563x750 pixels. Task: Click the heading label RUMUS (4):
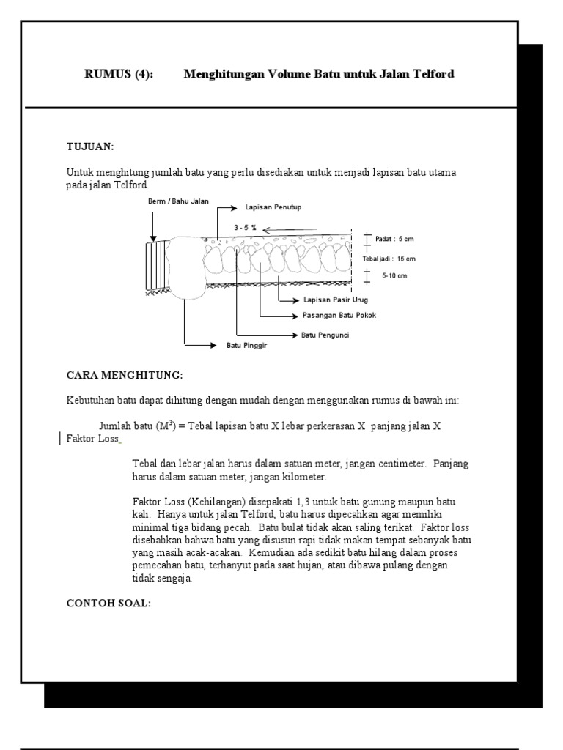(119, 74)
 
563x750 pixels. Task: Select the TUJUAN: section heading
(90, 146)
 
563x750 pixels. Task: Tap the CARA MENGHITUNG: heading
(124, 375)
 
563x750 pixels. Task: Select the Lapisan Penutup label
(278, 207)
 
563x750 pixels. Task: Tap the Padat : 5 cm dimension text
(395, 239)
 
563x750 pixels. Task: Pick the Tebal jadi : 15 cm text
(389, 259)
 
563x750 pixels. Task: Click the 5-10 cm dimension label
(394, 276)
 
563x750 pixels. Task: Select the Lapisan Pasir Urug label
(335, 300)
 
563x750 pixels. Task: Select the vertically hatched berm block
(157, 267)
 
